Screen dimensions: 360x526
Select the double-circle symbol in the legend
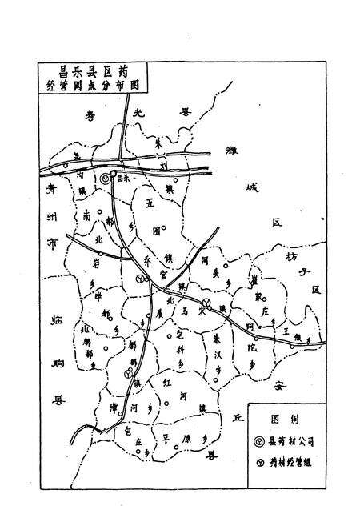tap(259, 440)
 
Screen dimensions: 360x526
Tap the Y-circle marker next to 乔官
tap(140, 278)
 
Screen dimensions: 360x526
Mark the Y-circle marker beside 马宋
tap(206, 303)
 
